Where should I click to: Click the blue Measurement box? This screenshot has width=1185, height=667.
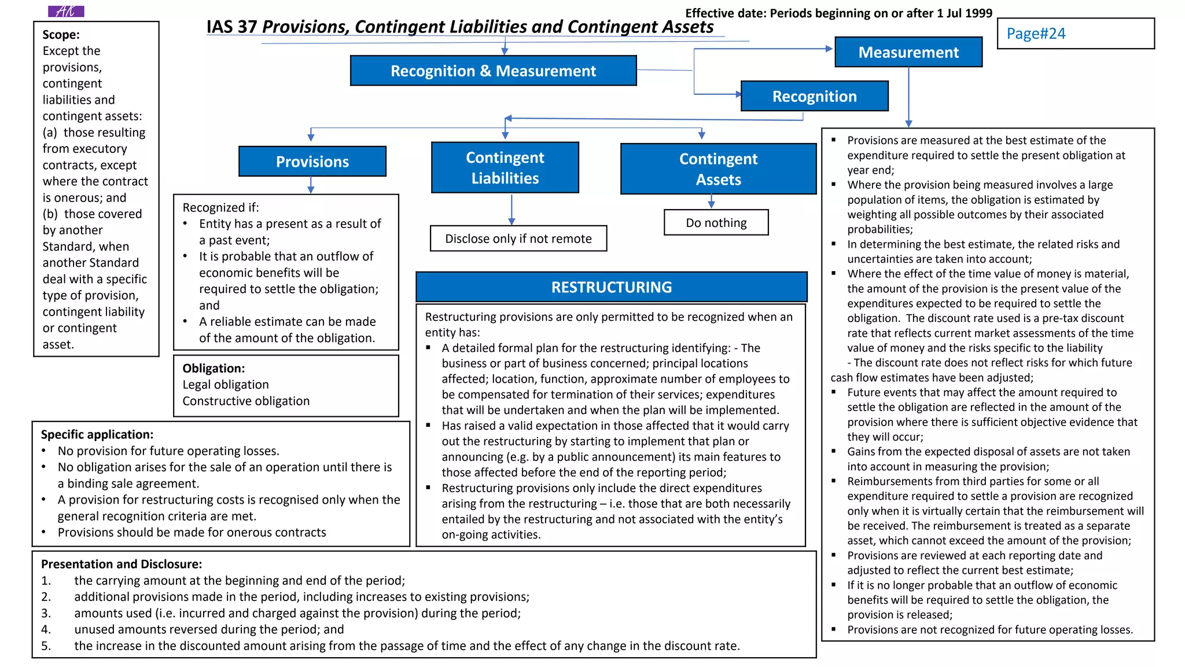coord(908,52)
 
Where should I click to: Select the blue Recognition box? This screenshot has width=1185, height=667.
coord(814,96)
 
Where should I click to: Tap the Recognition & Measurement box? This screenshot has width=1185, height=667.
coord(493,71)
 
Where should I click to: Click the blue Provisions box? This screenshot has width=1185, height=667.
coord(312,162)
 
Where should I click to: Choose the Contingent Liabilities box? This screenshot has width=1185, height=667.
coord(505,168)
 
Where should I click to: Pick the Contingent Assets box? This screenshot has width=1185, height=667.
coord(718,169)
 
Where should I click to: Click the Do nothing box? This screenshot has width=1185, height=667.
coord(716,223)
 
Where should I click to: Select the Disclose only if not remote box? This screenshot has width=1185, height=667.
coord(518,239)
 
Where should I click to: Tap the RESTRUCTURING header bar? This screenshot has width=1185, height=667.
coord(611,287)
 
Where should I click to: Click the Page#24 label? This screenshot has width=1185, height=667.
coord(1036,34)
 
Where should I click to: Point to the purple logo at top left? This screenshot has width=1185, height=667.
coord(66,11)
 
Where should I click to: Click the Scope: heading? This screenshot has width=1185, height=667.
coord(61,35)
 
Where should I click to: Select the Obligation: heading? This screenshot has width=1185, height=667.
coord(214,368)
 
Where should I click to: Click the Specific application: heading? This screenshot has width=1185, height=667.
coord(97,434)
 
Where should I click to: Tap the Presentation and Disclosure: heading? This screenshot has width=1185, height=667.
coord(122,564)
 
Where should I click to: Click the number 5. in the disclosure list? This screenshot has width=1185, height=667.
coord(46,646)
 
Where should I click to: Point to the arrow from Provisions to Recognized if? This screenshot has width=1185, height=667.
coord(311,185)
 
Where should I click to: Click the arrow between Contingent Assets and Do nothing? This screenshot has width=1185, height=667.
coord(711,201)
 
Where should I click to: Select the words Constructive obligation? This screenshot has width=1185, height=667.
coord(246,401)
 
